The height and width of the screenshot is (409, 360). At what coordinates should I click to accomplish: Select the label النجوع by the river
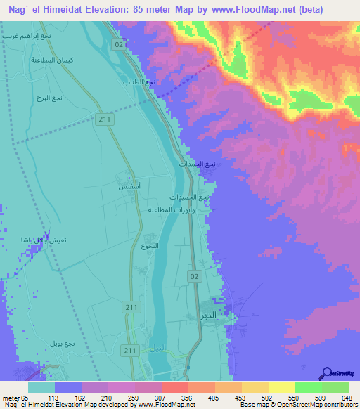tap(150, 246)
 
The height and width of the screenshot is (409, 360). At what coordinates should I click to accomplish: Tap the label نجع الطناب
tap(160, 81)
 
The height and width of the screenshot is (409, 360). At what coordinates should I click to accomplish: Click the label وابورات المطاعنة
tap(169, 209)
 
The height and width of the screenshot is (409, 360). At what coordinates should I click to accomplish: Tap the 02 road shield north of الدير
tap(193, 277)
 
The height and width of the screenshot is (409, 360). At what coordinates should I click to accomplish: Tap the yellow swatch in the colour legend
tap(281, 387)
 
